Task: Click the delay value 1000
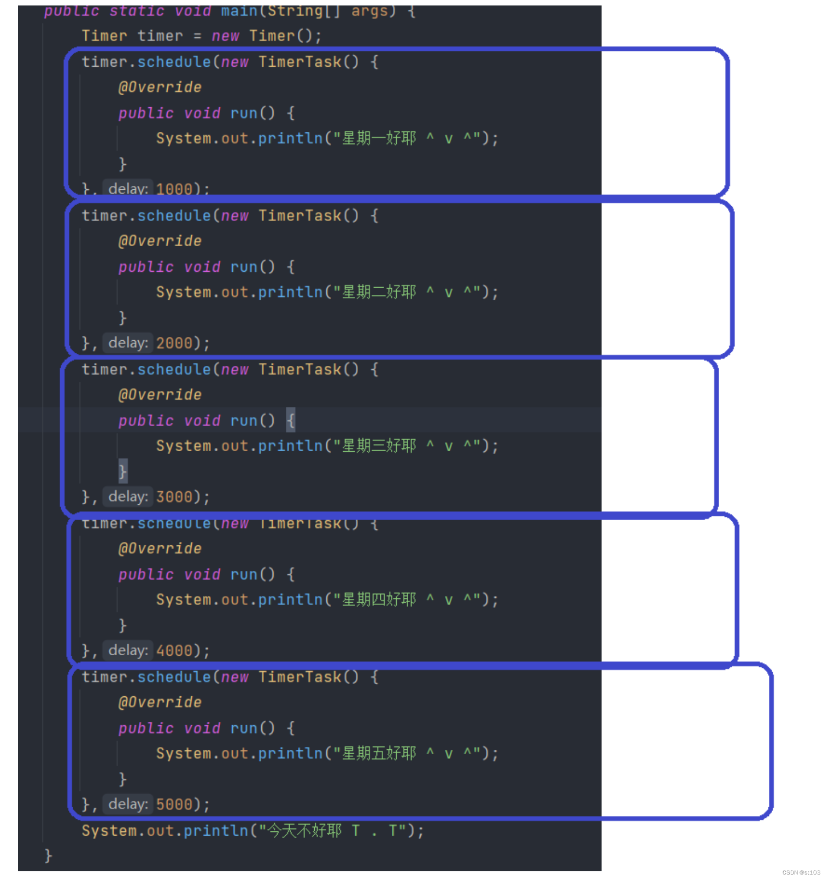tap(174, 189)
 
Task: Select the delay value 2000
tap(174, 343)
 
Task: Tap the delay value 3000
tap(174, 497)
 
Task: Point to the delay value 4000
tap(174, 650)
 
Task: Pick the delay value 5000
tap(174, 804)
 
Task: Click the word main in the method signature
tap(239, 11)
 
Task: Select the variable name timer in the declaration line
tap(160, 36)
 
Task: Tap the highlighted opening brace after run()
tap(291, 420)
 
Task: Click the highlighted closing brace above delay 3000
tap(123, 471)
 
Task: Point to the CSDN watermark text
tap(801, 872)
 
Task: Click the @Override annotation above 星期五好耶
tap(160, 702)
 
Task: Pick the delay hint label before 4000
tap(128, 650)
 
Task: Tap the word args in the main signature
tap(369, 11)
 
